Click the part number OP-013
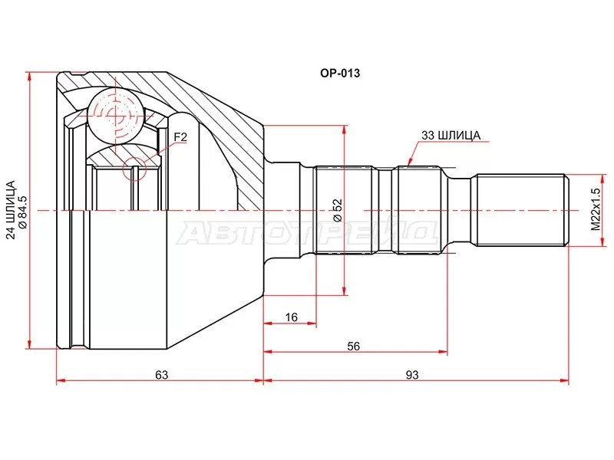point(340,73)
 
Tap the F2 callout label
point(180,137)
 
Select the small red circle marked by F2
point(134,169)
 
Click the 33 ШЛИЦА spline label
point(451,136)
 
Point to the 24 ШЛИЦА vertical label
point(11,209)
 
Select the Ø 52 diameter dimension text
point(338,210)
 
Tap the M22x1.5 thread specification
point(596,209)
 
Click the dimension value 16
point(292,317)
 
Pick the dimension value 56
point(353,347)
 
